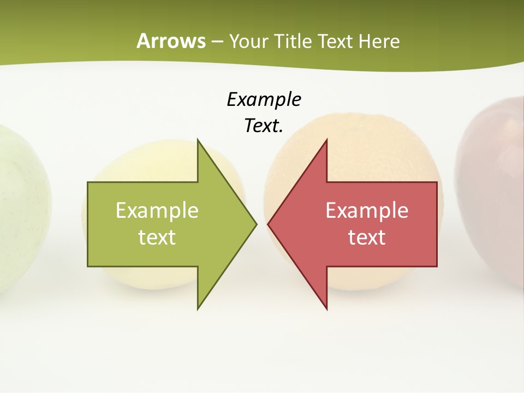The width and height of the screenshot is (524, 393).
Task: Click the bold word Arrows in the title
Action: pyautogui.click(x=171, y=41)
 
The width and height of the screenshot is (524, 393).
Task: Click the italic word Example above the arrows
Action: pyautogui.click(x=264, y=99)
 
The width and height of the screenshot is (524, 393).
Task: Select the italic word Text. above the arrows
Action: pyautogui.click(x=264, y=126)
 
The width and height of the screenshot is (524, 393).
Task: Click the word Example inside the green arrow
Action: pyautogui.click(x=157, y=210)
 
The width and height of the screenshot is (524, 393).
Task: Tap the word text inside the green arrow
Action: pyautogui.click(x=157, y=237)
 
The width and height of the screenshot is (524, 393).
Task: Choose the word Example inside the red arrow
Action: pyautogui.click(x=367, y=210)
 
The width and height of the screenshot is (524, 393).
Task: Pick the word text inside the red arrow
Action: pyautogui.click(x=367, y=237)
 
